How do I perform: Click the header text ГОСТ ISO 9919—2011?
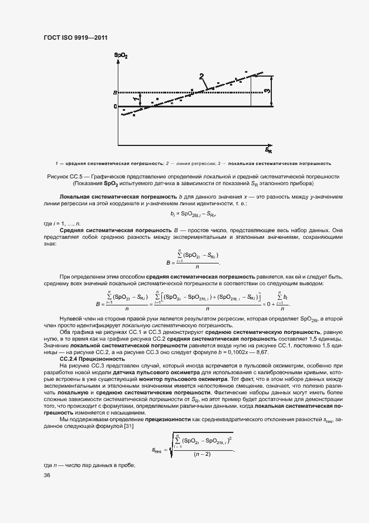click(x=75, y=37)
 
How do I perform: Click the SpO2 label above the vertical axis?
click(x=121, y=55)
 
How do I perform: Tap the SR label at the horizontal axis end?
click(x=269, y=150)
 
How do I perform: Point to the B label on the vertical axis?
click(x=114, y=92)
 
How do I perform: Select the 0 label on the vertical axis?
click(x=114, y=106)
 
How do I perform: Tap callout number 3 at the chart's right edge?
click(x=267, y=91)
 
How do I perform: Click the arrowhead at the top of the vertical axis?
click(x=118, y=61)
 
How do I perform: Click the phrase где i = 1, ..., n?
click(x=62, y=223)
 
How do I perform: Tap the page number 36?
click(x=47, y=475)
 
